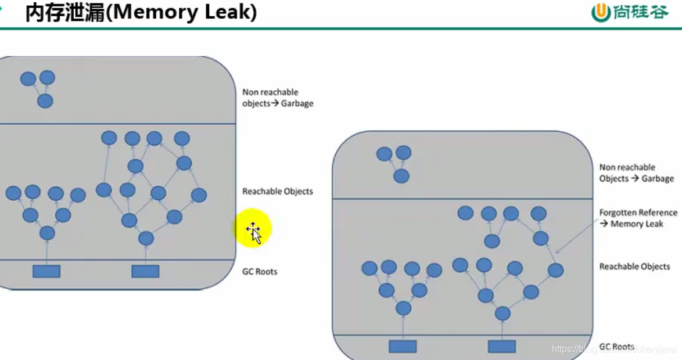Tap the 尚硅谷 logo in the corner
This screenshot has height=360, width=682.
[x=630, y=12]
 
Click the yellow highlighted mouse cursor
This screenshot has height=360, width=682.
[x=253, y=230]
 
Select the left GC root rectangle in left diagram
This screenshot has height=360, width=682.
[x=46, y=271]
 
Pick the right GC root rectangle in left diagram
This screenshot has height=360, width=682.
[x=145, y=271]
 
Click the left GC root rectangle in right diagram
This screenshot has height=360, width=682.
[x=403, y=347]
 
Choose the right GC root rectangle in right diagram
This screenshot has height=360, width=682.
[x=502, y=347]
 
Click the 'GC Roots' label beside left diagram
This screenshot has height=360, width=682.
[x=260, y=271]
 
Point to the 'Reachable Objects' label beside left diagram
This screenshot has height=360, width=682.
[x=278, y=191]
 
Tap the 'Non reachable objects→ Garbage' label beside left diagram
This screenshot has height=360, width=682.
[x=278, y=98]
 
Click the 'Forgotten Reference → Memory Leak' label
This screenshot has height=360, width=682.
[x=638, y=218]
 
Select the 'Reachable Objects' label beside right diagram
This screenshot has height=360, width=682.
[x=634, y=267]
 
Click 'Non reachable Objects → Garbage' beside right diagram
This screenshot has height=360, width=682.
[x=636, y=173]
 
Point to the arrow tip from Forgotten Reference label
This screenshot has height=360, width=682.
[x=557, y=253]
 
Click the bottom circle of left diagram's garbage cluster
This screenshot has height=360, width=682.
[x=45, y=101]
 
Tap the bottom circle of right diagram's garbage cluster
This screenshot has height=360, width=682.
[x=401, y=176]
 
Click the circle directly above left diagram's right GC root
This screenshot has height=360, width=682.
[x=146, y=238]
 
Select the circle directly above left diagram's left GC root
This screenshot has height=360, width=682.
[x=47, y=233]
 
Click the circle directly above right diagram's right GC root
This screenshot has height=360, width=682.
[x=502, y=314]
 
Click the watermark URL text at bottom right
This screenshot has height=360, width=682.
[x=614, y=349]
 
